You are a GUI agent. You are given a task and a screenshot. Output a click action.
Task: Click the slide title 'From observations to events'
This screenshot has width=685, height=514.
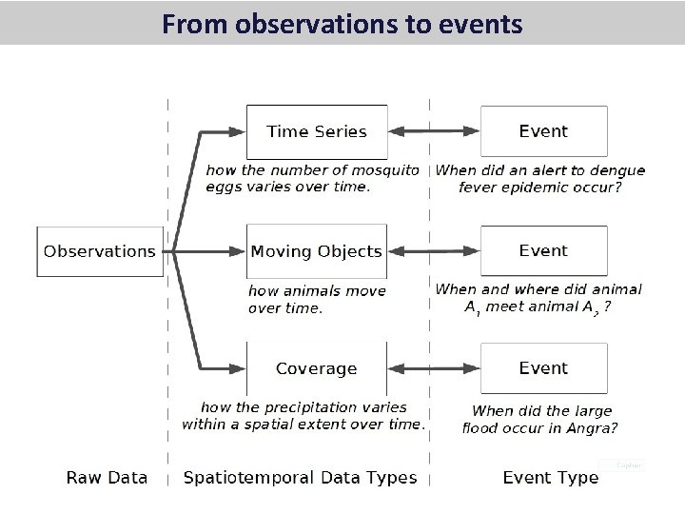[x=342, y=23]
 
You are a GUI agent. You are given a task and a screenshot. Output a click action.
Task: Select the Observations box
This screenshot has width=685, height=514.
[x=99, y=251]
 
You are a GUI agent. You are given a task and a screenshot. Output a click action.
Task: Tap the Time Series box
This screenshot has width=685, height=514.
[x=317, y=131]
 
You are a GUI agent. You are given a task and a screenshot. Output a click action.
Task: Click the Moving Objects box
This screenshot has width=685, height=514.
[x=316, y=251]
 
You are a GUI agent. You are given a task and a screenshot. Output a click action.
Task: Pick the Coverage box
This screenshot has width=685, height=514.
[x=316, y=368]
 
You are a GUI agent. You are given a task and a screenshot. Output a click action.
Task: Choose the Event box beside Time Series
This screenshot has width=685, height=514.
[x=543, y=131]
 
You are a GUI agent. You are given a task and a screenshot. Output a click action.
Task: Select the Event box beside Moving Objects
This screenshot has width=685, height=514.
[x=543, y=250]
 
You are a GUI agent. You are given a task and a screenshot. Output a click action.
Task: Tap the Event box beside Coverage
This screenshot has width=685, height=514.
[x=543, y=368]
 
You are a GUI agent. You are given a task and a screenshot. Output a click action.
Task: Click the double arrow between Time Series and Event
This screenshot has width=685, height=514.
[x=434, y=131]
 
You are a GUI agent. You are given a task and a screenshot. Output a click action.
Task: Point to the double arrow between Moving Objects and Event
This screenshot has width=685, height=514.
[x=434, y=251]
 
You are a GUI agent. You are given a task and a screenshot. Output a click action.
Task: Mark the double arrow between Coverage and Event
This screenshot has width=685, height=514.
[x=434, y=368]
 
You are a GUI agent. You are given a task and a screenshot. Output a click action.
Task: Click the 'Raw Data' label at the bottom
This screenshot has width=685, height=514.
[x=107, y=477]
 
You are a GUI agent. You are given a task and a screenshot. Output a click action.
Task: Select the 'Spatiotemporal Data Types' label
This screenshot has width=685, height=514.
[x=300, y=477]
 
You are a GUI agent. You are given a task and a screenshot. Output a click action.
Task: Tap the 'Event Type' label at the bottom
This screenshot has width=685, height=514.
[x=551, y=477]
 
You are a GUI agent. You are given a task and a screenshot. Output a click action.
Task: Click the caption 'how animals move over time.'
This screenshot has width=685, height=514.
[x=316, y=299]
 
